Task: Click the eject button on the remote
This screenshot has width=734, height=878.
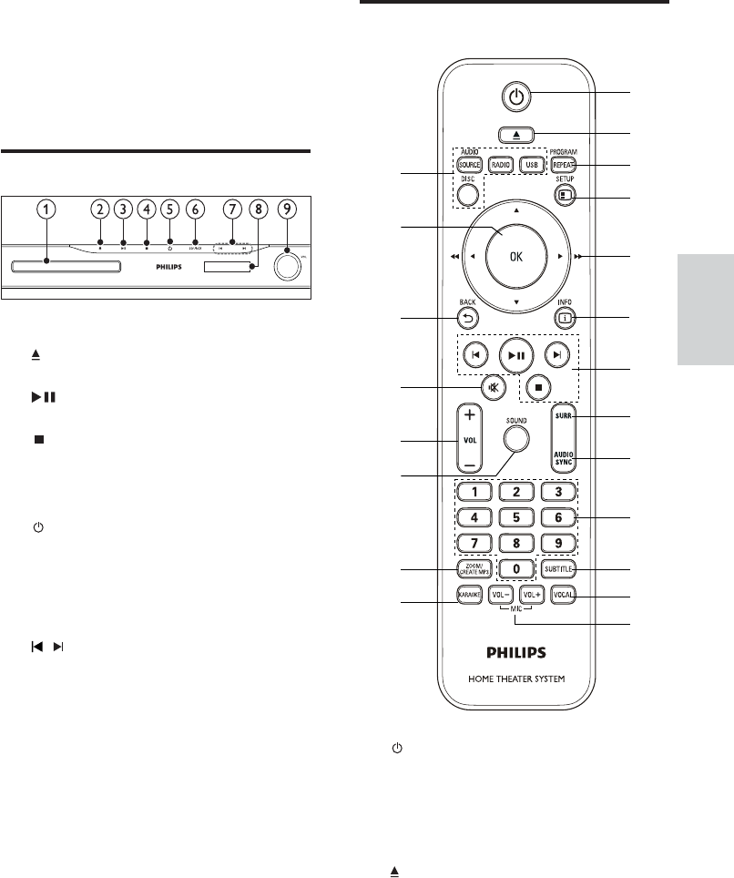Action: pyautogui.click(x=516, y=133)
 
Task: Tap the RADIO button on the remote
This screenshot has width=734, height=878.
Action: pyautogui.click(x=499, y=165)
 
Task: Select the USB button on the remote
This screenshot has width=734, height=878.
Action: pyautogui.click(x=531, y=165)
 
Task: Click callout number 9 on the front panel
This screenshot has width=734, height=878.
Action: pyautogui.click(x=287, y=209)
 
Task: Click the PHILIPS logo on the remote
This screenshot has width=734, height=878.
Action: pyautogui.click(x=516, y=652)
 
